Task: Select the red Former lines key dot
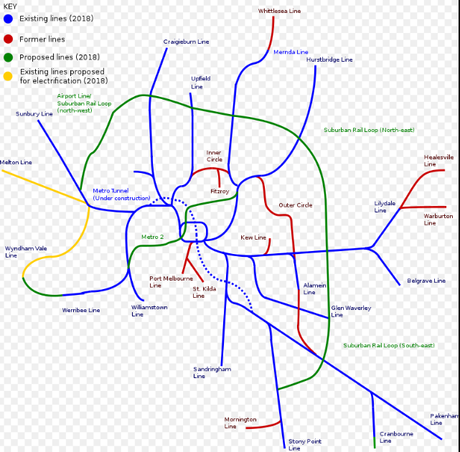(8, 39)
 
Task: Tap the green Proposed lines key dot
(8, 57)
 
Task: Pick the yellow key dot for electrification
(8, 75)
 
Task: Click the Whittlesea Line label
(279, 11)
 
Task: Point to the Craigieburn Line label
(186, 42)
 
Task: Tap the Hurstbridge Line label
(329, 60)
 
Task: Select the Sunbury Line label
(34, 113)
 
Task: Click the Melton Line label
(16, 162)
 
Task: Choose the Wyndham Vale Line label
(26, 251)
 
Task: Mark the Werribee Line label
(80, 310)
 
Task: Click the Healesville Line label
(438, 160)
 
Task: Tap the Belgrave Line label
(426, 281)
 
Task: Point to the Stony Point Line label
(304, 445)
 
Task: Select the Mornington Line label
(240, 423)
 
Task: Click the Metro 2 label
(152, 237)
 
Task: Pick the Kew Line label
(253, 237)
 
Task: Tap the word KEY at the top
(10, 6)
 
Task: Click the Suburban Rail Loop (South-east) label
(388, 345)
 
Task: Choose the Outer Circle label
(295, 205)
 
